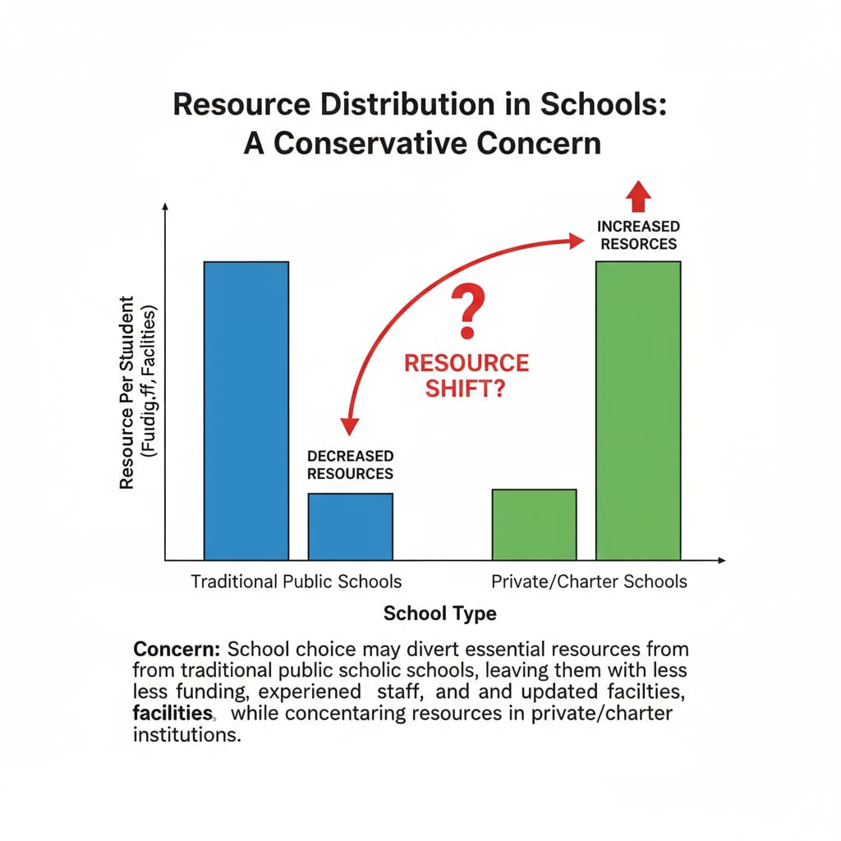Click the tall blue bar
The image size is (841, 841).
tap(246, 411)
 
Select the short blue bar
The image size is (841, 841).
tap(351, 526)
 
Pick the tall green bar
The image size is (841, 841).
tap(638, 411)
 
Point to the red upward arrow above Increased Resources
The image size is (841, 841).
tap(638, 197)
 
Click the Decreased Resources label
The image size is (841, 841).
tap(350, 465)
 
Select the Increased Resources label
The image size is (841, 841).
tap(638, 235)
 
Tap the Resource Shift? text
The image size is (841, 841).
tap(466, 375)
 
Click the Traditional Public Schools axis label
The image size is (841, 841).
tap(296, 581)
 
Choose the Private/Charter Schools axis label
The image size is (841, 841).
tap(589, 581)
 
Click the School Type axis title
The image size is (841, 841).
tap(440, 614)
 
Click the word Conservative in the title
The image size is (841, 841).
tap(377, 143)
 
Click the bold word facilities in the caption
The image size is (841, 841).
tap(173, 713)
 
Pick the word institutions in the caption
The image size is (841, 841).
tap(186, 734)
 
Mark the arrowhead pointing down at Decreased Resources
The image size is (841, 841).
tap(350, 425)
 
